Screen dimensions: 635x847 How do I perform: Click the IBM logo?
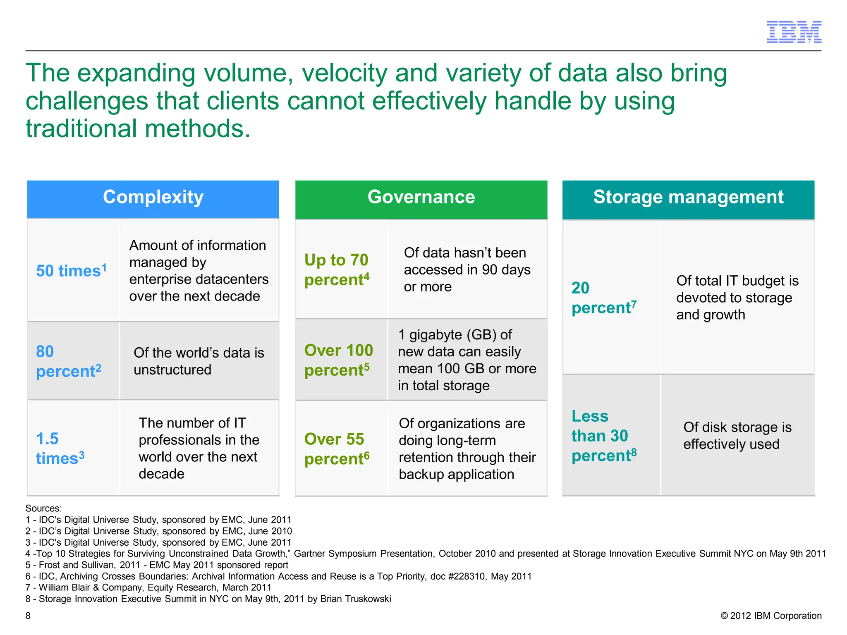pos(794,32)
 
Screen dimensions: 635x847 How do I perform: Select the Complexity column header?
pos(153,197)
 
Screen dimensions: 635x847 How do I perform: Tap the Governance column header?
pos(421,197)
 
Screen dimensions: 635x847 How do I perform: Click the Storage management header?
pos(688,197)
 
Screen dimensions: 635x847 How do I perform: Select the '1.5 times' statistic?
pos(60,449)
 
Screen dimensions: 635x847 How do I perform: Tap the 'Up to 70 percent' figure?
pos(337,270)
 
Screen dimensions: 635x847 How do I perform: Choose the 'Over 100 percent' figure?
pos(338,360)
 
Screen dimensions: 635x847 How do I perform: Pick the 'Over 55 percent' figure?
pos(337,449)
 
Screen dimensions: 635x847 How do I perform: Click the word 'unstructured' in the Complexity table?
pos(172,370)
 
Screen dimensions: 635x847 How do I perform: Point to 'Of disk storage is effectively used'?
pos(737,436)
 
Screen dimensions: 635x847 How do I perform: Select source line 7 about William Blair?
pos(148,587)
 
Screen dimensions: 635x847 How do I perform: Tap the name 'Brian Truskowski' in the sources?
pos(356,599)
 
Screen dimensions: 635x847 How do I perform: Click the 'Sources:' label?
pos(43,508)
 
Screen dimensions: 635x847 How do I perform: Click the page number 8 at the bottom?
pos(28,616)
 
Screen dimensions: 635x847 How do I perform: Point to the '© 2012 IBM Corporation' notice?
pos(771,616)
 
